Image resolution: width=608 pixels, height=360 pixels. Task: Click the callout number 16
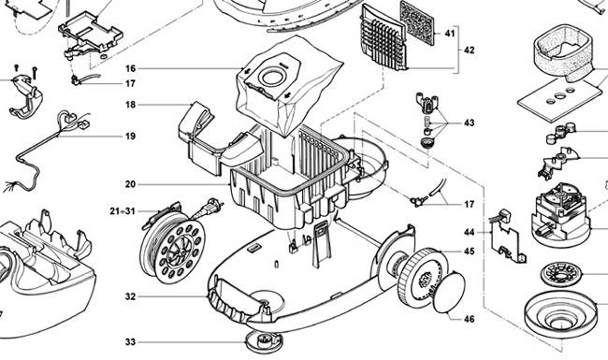pyautogui.click(x=131, y=68)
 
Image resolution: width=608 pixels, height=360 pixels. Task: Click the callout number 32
pyautogui.click(x=131, y=296)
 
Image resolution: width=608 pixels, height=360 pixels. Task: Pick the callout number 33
pyautogui.click(x=131, y=341)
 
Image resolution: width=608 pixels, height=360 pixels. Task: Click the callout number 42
pyautogui.click(x=469, y=50)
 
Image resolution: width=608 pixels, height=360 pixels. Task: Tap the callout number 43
pyautogui.click(x=469, y=122)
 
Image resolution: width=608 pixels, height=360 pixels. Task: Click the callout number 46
pyautogui.click(x=469, y=319)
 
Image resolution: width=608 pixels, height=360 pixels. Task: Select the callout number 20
pyautogui.click(x=131, y=184)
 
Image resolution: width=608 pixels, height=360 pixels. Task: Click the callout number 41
pyautogui.click(x=449, y=34)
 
